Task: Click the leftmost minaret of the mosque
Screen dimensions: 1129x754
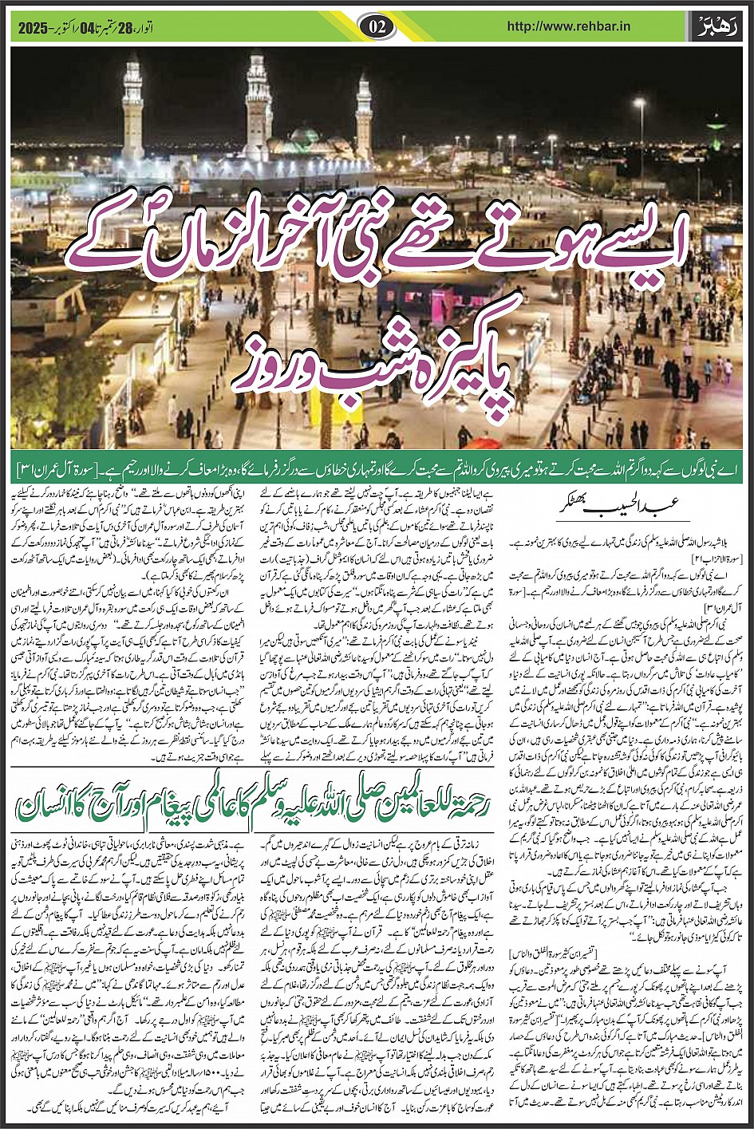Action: [132, 112]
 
